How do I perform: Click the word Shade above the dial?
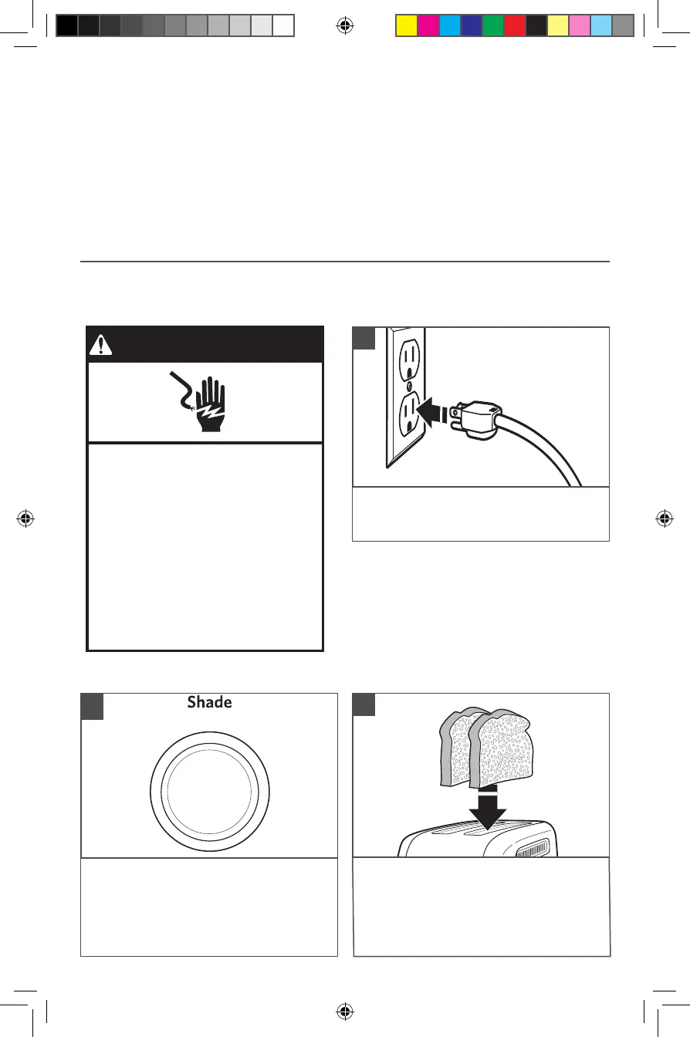(x=209, y=703)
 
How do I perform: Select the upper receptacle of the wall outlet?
(x=408, y=357)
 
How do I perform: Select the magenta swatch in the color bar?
(x=428, y=26)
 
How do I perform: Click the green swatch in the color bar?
(x=493, y=26)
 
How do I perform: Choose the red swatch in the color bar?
(x=515, y=26)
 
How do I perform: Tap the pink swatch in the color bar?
(x=580, y=26)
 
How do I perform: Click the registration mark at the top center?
(x=346, y=26)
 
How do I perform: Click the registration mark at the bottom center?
(x=346, y=1011)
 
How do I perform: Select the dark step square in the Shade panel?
(x=93, y=706)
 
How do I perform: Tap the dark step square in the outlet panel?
(x=364, y=339)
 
